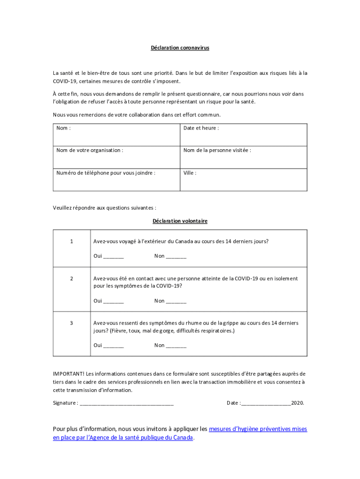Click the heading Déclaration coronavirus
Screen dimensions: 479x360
pyautogui.click(x=180, y=48)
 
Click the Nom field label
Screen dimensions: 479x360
pyautogui.click(x=63, y=128)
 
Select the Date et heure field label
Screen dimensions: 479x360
pyautogui.click(x=201, y=128)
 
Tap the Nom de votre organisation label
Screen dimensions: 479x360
pyautogui.click(x=90, y=150)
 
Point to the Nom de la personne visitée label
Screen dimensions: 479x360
pyautogui.click(x=217, y=150)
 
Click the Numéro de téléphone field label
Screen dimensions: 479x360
pyautogui.click(x=106, y=173)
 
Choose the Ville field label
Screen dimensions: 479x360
pyautogui.click(x=190, y=173)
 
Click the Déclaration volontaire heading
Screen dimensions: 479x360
pyautogui.click(x=180, y=221)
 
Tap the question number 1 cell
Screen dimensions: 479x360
pyautogui.click(x=72, y=241)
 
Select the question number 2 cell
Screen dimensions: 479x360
pyautogui.click(x=72, y=278)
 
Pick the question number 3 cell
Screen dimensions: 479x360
pyautogui.click(x=72, y=323)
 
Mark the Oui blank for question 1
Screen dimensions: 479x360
pyautogui.click(x=114, y=257)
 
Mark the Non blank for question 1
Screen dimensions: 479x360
pyautogui.click(x=176, y=257)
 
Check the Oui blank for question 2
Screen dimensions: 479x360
pyautogui.click(x=114, y=301)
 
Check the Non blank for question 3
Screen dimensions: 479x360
pyautogui.click(x=176, y=346)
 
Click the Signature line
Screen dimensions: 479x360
pyautogui.click(x=127, y=403)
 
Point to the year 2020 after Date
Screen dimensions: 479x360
pyautogui.click(x=297, y=403)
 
